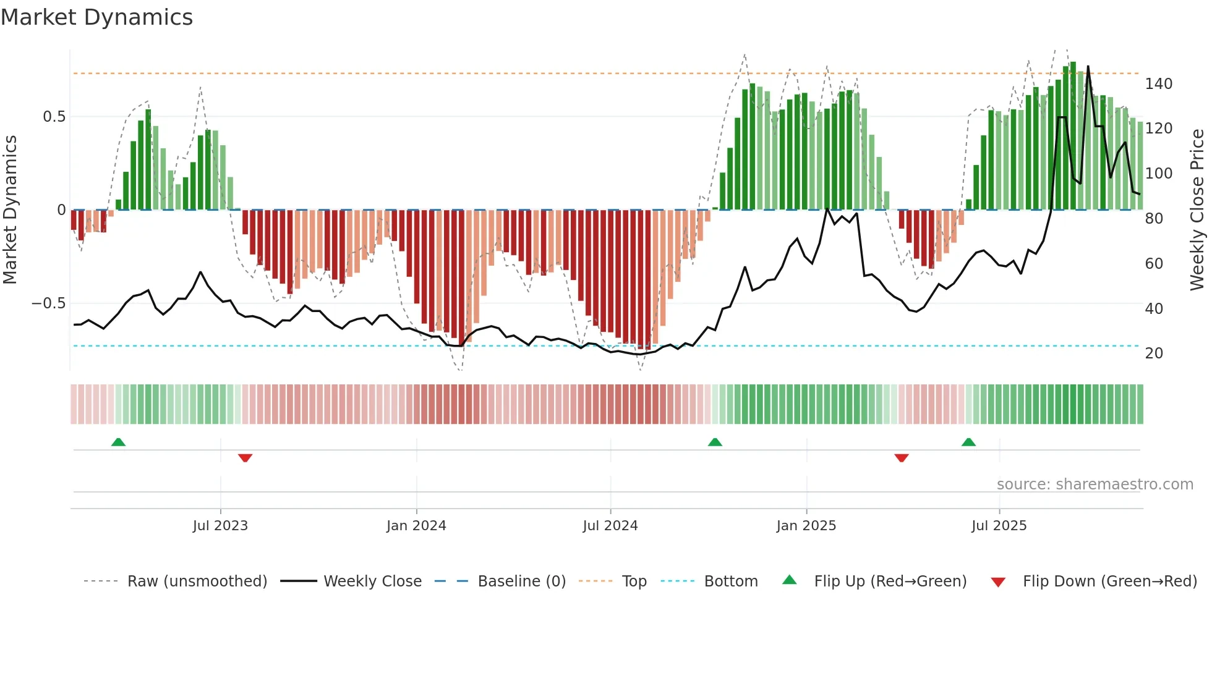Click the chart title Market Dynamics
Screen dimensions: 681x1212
coord(96,17)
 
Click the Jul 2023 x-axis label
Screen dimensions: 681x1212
coord(220,526)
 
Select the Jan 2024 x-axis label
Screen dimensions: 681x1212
coord(416,526)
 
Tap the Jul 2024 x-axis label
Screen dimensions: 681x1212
coord(610,526)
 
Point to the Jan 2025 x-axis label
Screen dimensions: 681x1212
coord(806,526)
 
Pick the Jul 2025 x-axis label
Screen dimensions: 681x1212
coord(999,526)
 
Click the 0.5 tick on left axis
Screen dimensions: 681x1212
coord(54,117)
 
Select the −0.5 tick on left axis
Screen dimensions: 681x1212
coord(49,303)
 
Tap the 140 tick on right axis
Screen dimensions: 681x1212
coord(1158,84)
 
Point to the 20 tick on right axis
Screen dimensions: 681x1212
coord(1154,353)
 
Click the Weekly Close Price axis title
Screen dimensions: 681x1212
coord(1198,210)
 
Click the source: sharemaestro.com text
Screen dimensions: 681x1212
coord(1095,484)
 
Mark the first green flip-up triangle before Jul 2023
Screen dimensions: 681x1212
coord(118,442)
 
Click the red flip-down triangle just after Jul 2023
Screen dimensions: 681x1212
coord(245,458)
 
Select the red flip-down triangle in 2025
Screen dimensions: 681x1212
coord(901,458)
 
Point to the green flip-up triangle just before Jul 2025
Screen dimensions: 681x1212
coord(968,442)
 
